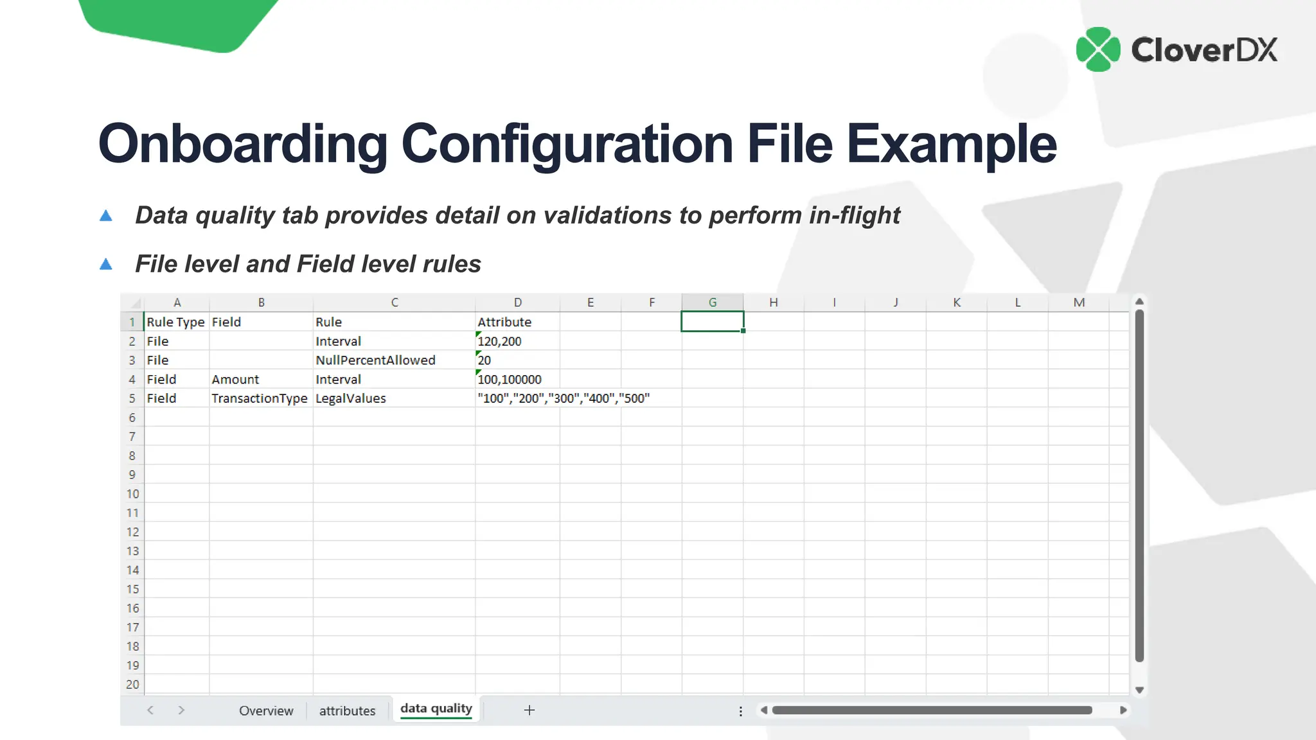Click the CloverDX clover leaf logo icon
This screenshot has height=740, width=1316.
point(1098,49)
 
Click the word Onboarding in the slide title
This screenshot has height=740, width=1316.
point(242,144)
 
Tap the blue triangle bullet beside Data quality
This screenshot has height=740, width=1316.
point(106,216)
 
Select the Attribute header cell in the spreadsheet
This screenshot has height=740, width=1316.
point(504,322)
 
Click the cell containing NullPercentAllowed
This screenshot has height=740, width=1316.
point(375,360)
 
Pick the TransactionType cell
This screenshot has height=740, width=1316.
point(260,398)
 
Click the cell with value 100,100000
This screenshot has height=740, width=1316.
point(510,380)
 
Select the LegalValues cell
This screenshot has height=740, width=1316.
point(351,398)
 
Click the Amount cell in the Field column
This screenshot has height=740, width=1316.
point(236,380)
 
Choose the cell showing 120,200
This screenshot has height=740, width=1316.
point(499,341)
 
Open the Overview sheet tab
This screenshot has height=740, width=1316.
point(266,710)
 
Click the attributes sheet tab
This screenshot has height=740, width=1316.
point(347,710)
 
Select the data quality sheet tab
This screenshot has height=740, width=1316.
point(436,709)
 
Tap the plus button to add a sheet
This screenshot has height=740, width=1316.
point(529,710)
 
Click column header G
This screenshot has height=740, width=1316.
point(713,303)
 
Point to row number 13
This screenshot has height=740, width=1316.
point(132,551)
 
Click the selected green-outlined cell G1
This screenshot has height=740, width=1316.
point(713,322)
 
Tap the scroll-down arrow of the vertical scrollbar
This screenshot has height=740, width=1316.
point(1139,691)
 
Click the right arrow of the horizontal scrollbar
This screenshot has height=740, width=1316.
point(1123,710)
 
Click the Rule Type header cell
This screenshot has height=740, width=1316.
point(175,322)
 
